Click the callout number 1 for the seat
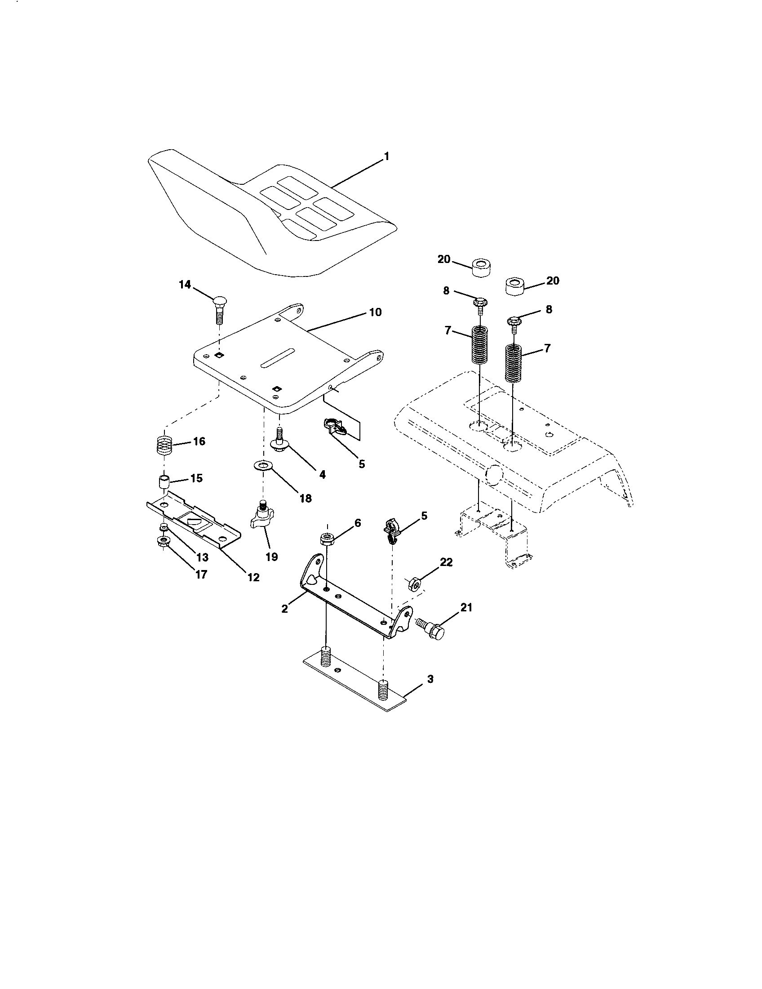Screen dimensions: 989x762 point(386,156)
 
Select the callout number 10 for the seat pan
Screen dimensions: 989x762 point(375,312)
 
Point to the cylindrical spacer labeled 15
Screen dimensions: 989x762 point(164,481)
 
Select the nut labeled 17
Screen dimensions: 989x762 point(162,541)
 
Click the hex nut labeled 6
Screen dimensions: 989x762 point(326,539)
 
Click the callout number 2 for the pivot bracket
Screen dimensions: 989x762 point(284,609)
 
